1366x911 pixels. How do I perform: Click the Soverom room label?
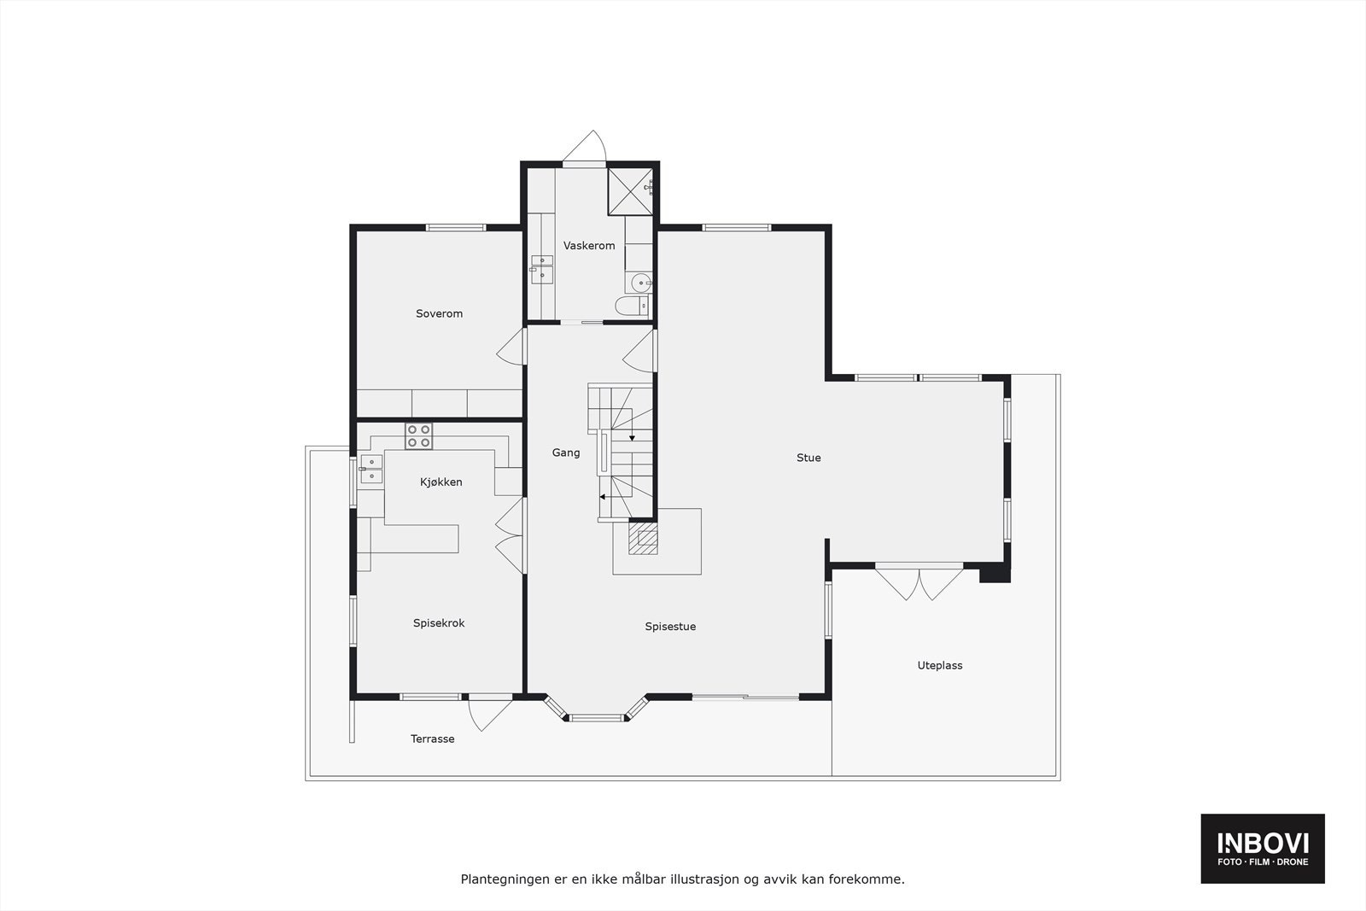tap(439, 313)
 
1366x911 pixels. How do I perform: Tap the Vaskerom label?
tap(589, 246)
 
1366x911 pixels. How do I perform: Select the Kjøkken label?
tap(441, 482)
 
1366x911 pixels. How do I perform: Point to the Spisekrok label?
tap(439, 623)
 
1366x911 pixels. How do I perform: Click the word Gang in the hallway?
tap(565, 453)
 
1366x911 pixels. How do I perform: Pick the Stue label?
tap(809, 458)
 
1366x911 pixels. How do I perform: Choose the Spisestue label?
tap(670, 627)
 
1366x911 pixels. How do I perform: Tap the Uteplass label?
tap(940, 666)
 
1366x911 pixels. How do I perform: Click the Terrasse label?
tap(432, 739)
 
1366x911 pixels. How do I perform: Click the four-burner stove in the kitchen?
tap(418, 435)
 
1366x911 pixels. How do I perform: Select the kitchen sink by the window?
tap(371, 470)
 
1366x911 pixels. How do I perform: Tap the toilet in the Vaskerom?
tap(632, 306)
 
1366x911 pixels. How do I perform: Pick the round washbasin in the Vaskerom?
tap(639, 283)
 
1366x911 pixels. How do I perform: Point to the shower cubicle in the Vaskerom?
tap(629, 191)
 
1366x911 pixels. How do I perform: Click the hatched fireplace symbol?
tap(643, 539)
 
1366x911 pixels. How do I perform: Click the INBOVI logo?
tap(1262, 848)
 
